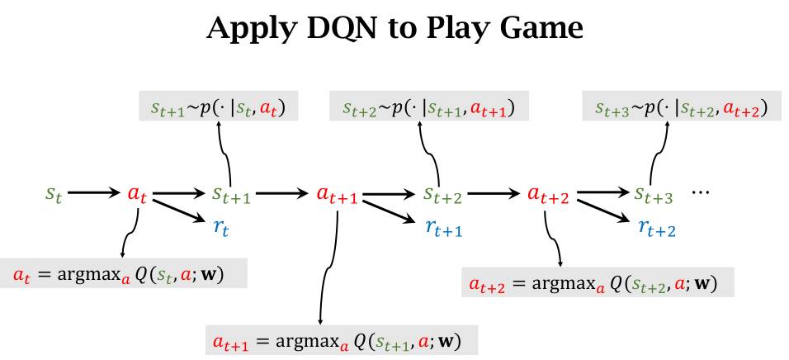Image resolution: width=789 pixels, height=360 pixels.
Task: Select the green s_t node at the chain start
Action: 54,195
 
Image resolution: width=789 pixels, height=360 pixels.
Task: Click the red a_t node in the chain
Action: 138,195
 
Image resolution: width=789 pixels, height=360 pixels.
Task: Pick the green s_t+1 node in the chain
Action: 230,196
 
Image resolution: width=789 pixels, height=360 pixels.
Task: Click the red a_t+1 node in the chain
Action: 337,196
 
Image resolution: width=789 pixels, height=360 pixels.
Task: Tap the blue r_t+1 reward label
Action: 443,227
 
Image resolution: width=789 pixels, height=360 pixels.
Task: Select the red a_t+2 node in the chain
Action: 548,196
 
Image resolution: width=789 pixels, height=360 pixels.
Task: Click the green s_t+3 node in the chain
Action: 654,196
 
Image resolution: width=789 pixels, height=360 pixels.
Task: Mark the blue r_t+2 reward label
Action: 657,228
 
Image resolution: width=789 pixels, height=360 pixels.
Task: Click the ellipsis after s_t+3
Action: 701,192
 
